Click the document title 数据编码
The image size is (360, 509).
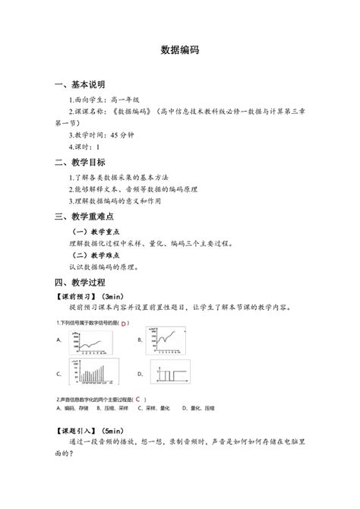pyautogui.click(x=180, y=49)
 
